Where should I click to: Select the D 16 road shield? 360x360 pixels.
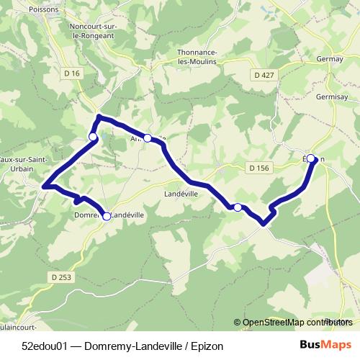click(x=71, y=74)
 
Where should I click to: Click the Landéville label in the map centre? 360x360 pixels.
click(x=181, y=194)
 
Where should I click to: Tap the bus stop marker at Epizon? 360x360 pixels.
click(x=312, y=160)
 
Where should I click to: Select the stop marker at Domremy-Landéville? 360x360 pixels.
click(x=107, y=216)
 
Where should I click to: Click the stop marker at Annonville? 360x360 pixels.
click(x=148, y=138)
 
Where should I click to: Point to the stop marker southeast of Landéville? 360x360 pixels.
click(x=238, y=207)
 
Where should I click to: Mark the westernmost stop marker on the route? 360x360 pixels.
click(x=92, y=137)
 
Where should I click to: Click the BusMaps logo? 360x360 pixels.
click(x=320, y=346)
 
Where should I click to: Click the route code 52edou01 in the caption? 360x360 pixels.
click(x=46, y=346)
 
